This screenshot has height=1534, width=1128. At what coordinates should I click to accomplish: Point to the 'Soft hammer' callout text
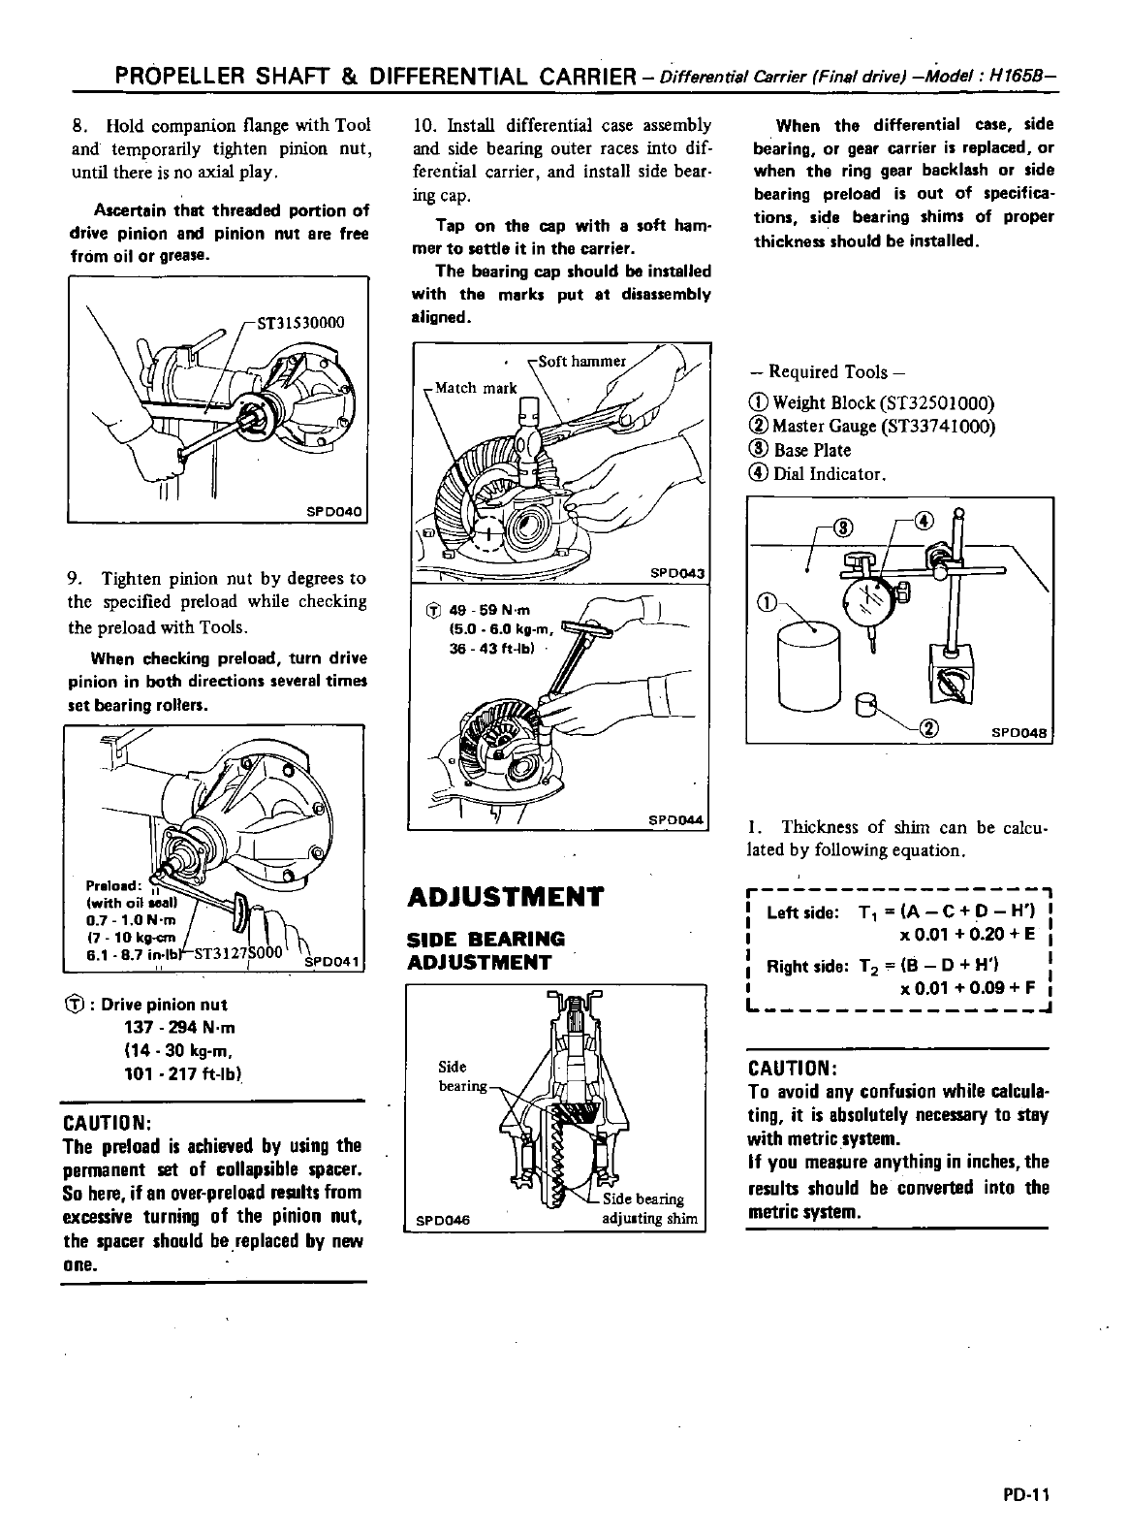pyautogui.click(x=581, y=362)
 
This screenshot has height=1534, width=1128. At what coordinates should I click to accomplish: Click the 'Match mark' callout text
pyautogui.click(x=475, y=388)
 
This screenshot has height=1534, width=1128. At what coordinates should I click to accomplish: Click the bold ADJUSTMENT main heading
pyautogui.click(x=505, y=896)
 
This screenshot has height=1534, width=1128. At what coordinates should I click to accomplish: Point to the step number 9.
pyautogui.click(x=74, y=579)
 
